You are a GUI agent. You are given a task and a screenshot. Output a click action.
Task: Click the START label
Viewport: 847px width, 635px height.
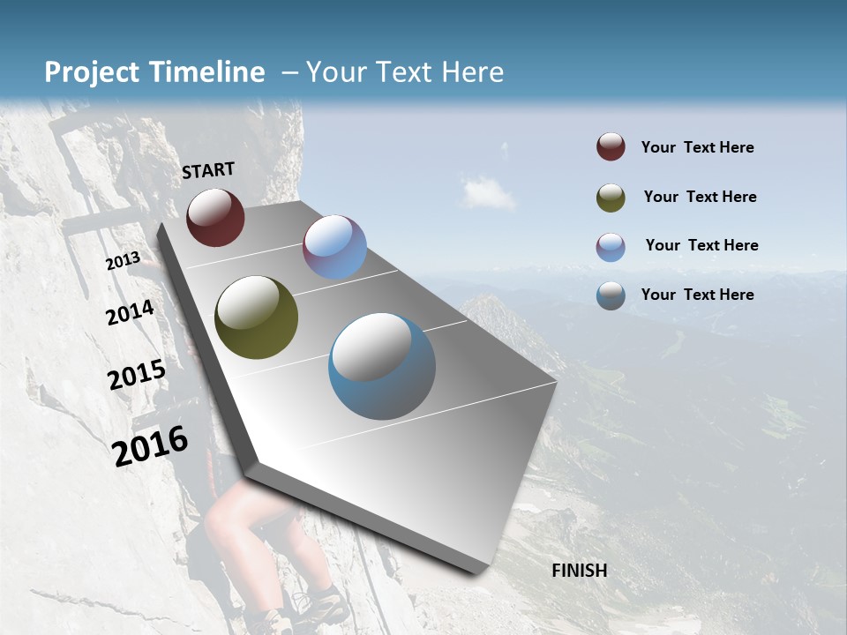[208, 169]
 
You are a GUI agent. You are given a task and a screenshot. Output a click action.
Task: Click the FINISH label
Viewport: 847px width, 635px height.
[579, 571]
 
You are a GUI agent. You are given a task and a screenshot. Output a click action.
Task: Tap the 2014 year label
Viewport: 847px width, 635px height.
[130, 313]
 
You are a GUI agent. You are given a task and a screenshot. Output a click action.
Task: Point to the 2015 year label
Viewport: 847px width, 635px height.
[137, 375]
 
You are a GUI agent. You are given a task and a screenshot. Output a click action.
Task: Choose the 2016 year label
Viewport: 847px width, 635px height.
[150, 445]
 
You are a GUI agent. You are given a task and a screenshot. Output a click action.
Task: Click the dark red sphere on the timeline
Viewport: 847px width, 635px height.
[215, 217]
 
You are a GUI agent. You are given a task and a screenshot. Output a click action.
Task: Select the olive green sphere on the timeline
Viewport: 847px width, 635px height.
[256, 317]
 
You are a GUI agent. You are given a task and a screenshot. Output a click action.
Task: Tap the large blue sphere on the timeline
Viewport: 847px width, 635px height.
[382, 366]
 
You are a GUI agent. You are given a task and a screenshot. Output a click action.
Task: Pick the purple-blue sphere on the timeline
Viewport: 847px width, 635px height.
[334, 247]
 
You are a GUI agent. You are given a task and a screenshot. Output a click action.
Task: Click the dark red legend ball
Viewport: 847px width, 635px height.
[611, 146]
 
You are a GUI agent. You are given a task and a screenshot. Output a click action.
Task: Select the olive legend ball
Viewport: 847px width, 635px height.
[611, 197]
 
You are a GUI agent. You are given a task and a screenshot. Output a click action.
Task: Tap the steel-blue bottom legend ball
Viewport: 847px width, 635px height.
[611, 295]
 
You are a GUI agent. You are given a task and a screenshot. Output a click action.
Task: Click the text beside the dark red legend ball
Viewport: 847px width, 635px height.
[697, 147]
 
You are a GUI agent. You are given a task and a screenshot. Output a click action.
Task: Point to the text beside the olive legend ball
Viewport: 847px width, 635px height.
[700, 197]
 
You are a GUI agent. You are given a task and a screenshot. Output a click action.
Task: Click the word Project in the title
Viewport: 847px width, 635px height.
[93, 72]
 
